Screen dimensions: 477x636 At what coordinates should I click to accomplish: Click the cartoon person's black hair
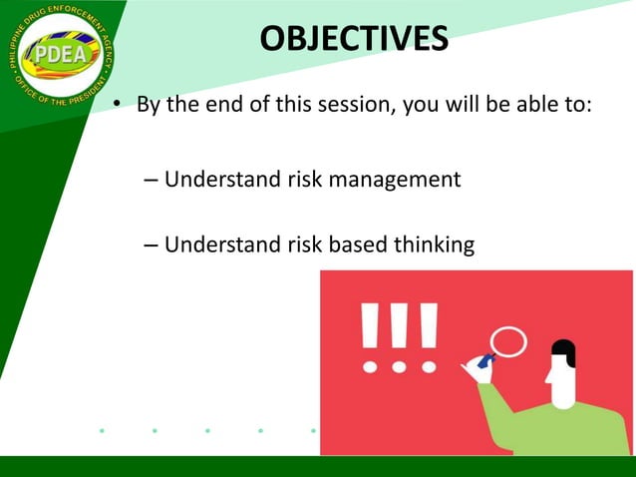564,350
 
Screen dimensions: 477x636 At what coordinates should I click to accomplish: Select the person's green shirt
558,429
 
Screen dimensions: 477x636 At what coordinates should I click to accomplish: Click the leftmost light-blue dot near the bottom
102,431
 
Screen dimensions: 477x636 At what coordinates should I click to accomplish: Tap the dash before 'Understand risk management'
150,181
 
